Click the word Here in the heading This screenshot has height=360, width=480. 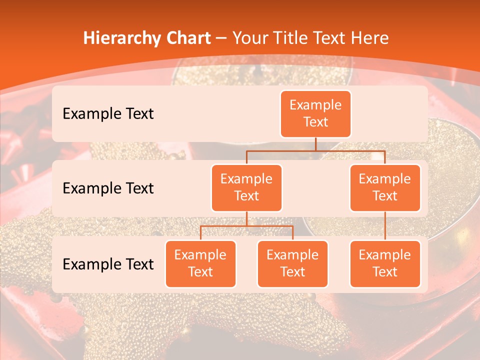pyautogui.click(x=369, y=38)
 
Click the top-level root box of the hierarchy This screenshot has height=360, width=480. pyautogui.click(x=315, y=114)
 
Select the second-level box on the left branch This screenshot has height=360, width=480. pyautogui.click(x=246, y=188)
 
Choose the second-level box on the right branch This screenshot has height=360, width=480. pyautogui.click(x=385, y=188)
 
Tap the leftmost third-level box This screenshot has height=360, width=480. pyautogui.click(x=200, y=264)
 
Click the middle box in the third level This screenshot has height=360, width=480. pyautogui.click(x=292, y=264)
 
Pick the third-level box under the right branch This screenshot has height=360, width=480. pyautogui.click(x=385, y=264)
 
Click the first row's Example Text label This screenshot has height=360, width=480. pyautogui.click(x=108, y=114)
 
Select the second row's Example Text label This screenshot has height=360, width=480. pyautogui.click(x=108, y=188)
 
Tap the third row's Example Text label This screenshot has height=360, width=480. pyautogui.click(x=108, y=264)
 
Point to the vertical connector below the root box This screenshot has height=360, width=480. pyautogui.click(x=315, y=144)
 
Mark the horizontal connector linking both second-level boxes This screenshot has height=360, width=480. pyautogui.click(x=315, y=150)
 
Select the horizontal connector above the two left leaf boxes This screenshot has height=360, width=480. pyautogui.click(x=246, y=226)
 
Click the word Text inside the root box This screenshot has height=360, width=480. pyautogui.click(x=315, y=122)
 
